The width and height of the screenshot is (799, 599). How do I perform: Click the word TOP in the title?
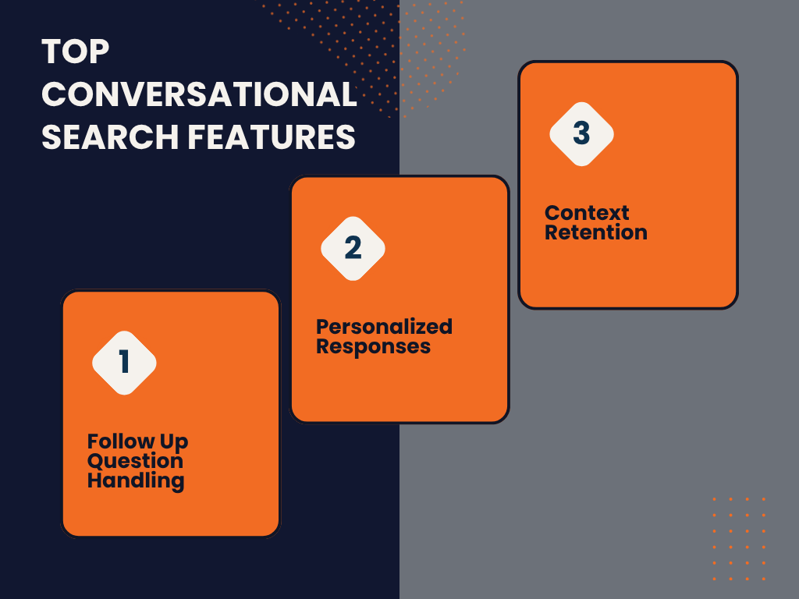[76, 51]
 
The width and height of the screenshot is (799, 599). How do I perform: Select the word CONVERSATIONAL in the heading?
[199, 94]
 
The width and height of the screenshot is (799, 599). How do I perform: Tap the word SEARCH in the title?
[110, 137]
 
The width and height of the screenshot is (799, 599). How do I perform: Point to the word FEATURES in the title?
[272, 137]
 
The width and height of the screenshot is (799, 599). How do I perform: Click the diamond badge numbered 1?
[124, 363]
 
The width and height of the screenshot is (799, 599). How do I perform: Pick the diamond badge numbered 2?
[353, 249]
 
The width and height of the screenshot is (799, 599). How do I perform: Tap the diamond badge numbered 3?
[581, 134]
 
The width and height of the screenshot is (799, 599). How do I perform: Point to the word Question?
[135, 461]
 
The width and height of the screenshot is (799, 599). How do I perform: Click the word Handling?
[136, 480]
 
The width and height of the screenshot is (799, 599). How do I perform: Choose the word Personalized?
[384, 327]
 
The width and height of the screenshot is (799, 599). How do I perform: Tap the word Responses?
[374, 347]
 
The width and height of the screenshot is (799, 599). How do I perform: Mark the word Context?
[587, 213]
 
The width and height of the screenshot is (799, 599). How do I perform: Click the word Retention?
[596, 232]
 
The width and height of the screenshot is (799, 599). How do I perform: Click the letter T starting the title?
[52, 51]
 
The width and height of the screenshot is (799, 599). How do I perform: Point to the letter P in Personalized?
[324, 327]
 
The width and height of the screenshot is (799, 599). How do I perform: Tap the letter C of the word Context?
[553, 213]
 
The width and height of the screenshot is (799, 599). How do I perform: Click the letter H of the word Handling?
[95, 480]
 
